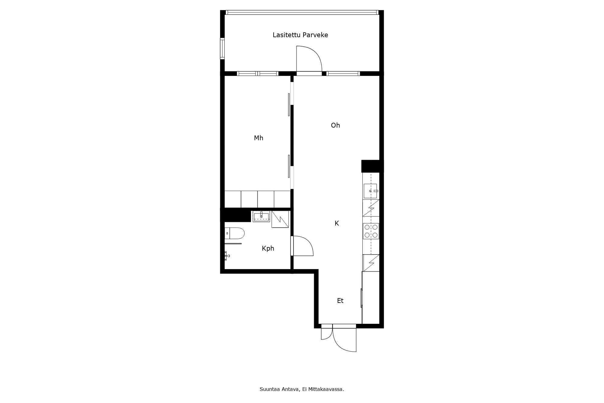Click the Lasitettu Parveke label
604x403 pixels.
point(300,35)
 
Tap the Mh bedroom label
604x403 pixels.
point(259,138)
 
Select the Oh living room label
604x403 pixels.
point(335,125)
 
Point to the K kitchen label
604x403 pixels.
point(337,223)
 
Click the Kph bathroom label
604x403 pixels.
point(268,249)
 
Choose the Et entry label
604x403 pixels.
point(340,301)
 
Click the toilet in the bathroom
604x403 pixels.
point(235,233)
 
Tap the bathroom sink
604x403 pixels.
point(261,216)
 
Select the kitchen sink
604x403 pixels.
point(371,191)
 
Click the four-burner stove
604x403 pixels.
point(371,231)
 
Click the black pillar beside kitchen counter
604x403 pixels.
point(372,166)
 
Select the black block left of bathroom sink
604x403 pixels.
point(236,215)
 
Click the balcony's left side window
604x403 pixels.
point(222,48)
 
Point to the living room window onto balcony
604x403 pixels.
point(343,73)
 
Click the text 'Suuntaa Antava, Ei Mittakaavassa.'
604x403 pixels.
point(302,389)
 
